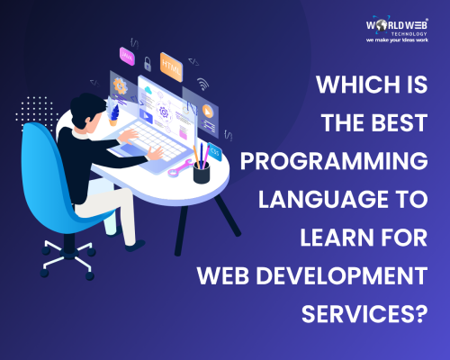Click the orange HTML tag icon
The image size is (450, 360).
tap(170, 67)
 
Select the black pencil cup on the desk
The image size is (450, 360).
tap(202, 171)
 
